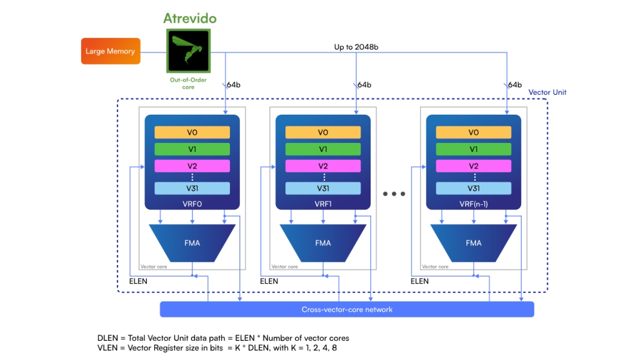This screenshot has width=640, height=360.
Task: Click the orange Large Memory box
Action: (x=110, y=51)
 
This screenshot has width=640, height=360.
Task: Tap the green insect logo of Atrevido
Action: (x=189, y=51)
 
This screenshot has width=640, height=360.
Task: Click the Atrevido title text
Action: (x=190, y=18)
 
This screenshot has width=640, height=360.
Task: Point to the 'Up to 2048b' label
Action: (x=356, y=47)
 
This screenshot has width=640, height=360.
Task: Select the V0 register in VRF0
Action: (x=192, y=132)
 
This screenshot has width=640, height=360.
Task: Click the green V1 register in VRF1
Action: (x=323, y=149)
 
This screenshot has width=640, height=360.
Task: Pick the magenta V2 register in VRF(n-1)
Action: (x=474, y=166)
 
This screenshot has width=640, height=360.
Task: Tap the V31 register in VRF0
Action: (x=192, y=188)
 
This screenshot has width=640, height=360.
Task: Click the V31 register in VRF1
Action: (x=323, y=188)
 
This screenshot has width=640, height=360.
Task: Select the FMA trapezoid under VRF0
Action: (x=192, y=243)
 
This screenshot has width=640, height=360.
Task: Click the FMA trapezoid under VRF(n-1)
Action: (x=474, y=243)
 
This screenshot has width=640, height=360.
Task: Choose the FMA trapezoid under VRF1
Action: (x=323, y=243)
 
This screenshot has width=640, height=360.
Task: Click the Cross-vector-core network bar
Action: (x=347, y=309)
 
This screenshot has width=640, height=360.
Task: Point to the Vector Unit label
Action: (x=547, y=92)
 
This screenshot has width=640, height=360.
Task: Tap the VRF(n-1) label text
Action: (x=474, y=204)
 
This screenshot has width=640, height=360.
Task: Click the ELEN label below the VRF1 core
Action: (x=269, y=281)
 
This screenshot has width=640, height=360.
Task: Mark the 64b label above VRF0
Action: (x=234, y=85)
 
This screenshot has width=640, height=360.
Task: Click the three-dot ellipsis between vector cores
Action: (x=394, y=194)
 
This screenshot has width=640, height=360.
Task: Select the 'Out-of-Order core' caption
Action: (x=188, y=83)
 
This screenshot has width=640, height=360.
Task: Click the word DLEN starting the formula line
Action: (x=108, y=338)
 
